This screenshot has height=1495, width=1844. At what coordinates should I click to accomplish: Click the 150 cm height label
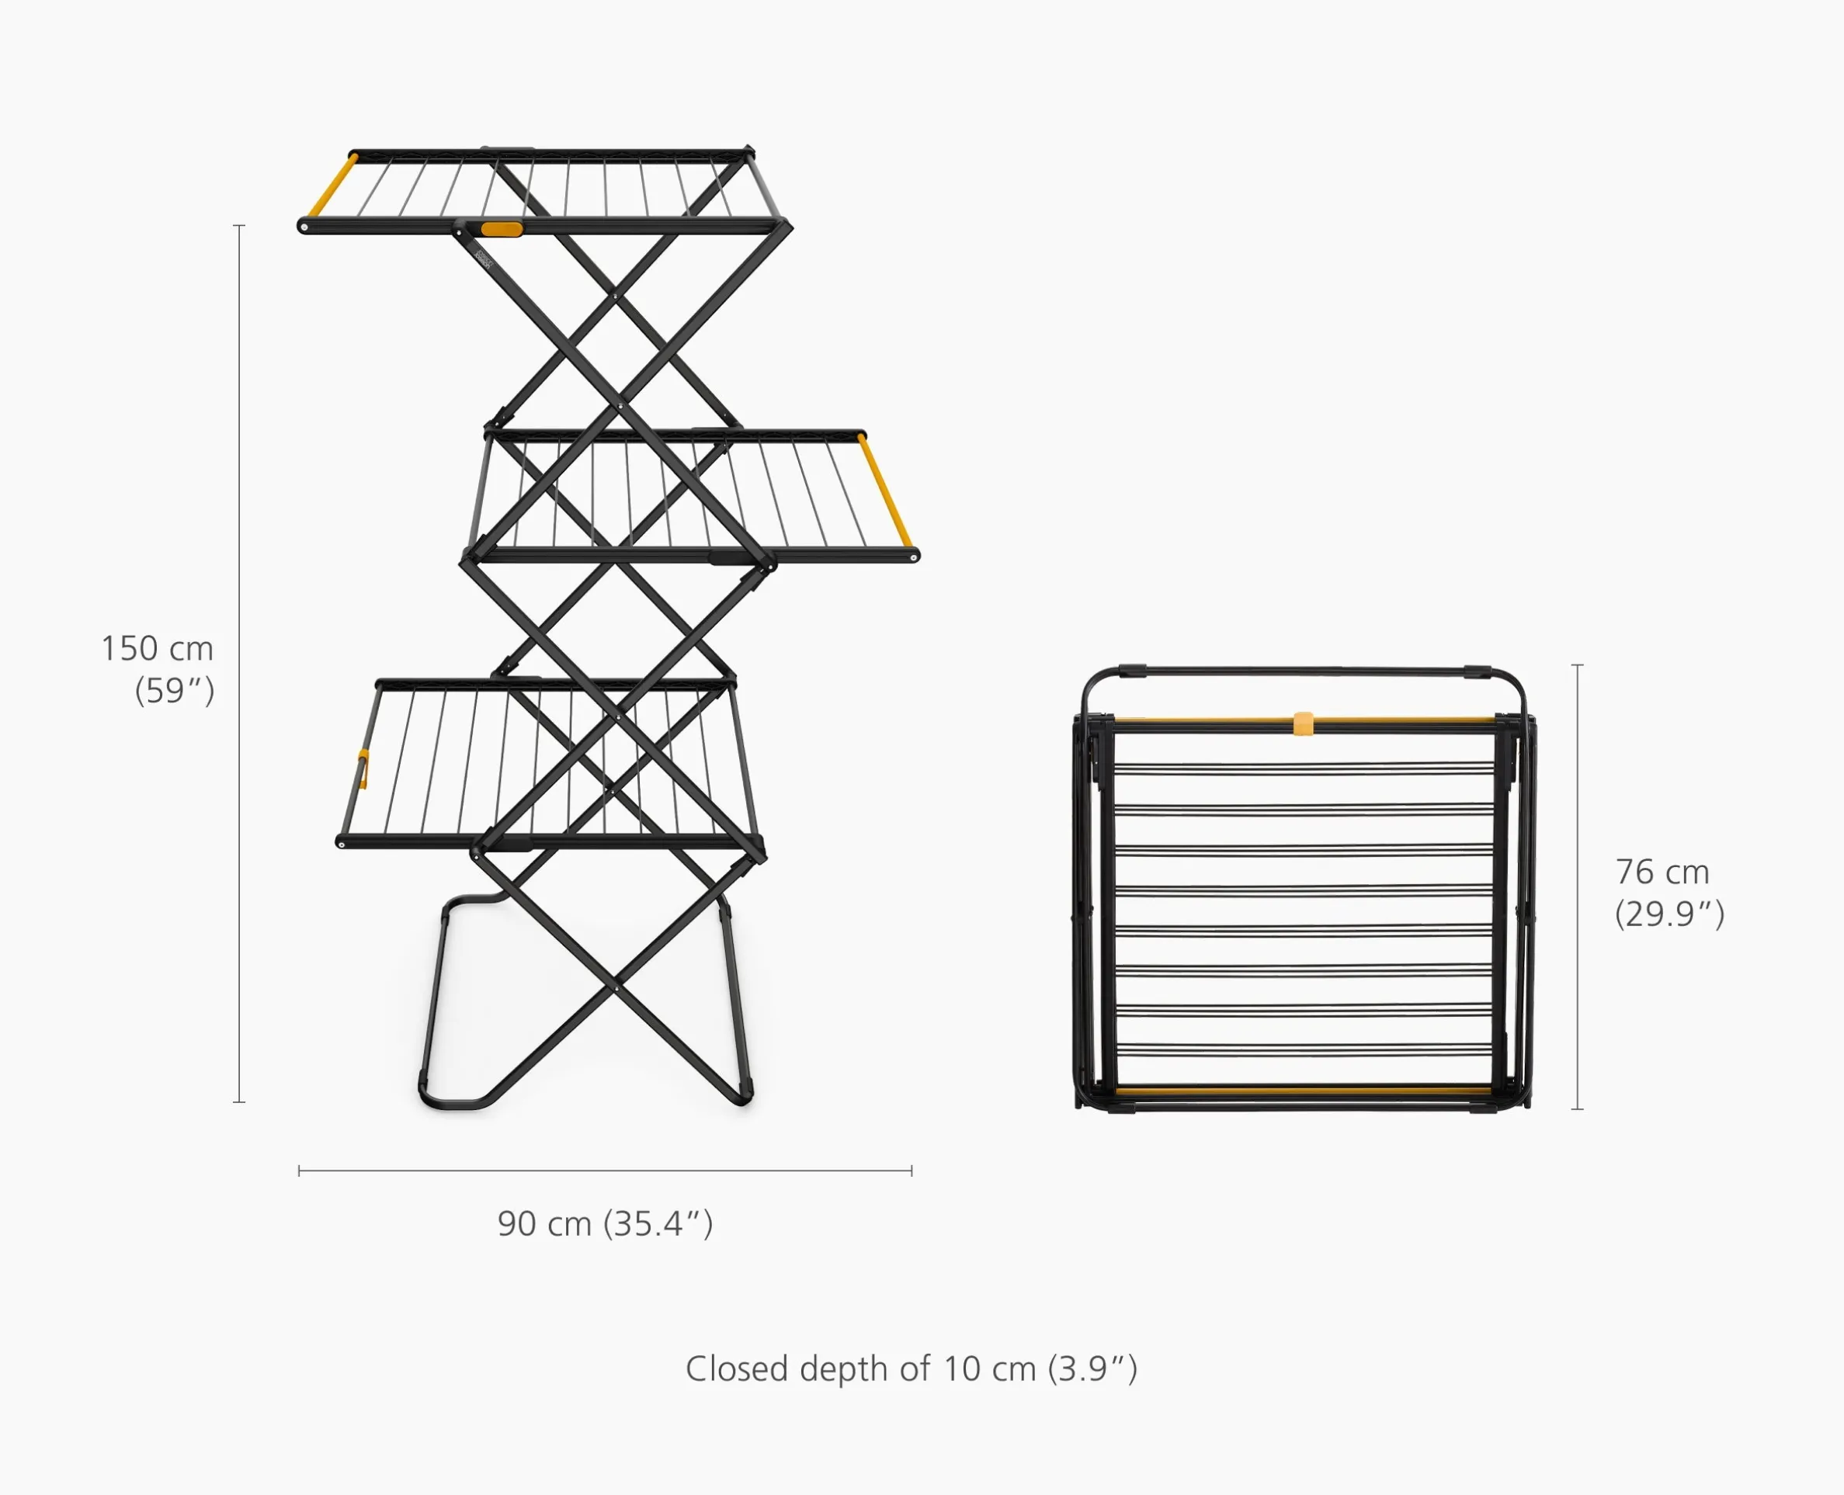157,648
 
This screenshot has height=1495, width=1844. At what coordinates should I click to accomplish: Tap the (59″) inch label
174,691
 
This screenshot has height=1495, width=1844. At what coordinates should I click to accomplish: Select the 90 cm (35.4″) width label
605,1224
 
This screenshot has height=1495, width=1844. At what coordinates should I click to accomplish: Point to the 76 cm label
1662,872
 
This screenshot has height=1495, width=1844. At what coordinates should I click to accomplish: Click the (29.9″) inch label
1669,914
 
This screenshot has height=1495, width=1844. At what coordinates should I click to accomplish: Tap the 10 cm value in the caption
988,1368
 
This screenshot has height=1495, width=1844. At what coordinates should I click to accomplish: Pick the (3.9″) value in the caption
1092,1368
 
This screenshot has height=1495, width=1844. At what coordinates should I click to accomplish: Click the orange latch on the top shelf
502,229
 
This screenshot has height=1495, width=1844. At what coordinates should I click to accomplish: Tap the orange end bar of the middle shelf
884,491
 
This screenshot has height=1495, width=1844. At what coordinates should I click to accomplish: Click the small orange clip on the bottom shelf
363,769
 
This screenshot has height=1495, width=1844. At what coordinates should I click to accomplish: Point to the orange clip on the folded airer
1303,723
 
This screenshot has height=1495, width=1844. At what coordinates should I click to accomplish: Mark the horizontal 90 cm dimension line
605,1171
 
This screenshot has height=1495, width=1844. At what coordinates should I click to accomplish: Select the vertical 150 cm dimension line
239,663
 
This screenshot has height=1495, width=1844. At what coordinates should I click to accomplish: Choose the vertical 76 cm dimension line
1577,886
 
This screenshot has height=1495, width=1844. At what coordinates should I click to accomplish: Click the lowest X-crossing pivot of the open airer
616,991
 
